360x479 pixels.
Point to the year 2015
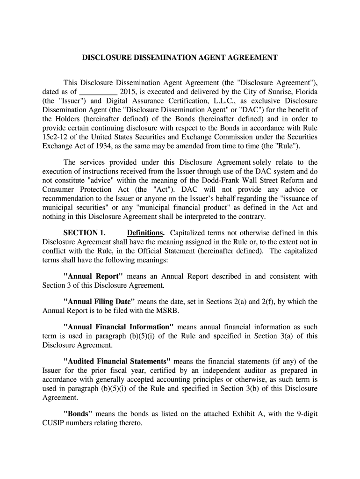click(x=128, y=91)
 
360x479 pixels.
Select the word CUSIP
click(x=57, y=423)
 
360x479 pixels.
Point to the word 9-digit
click(x=307, y=414)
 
